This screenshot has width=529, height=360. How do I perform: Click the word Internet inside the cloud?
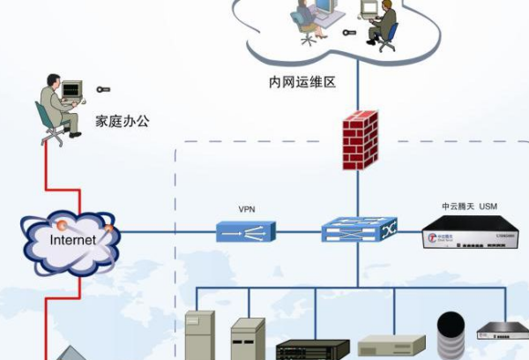pos(72,239)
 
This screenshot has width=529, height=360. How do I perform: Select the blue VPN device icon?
pos(246,232)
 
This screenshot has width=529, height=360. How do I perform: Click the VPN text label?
pos(247,210)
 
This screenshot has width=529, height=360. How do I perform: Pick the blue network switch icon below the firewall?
pos(358,232)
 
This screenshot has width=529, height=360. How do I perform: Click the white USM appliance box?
pos(466,236)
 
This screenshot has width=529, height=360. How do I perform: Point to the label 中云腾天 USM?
pos(469,206)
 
